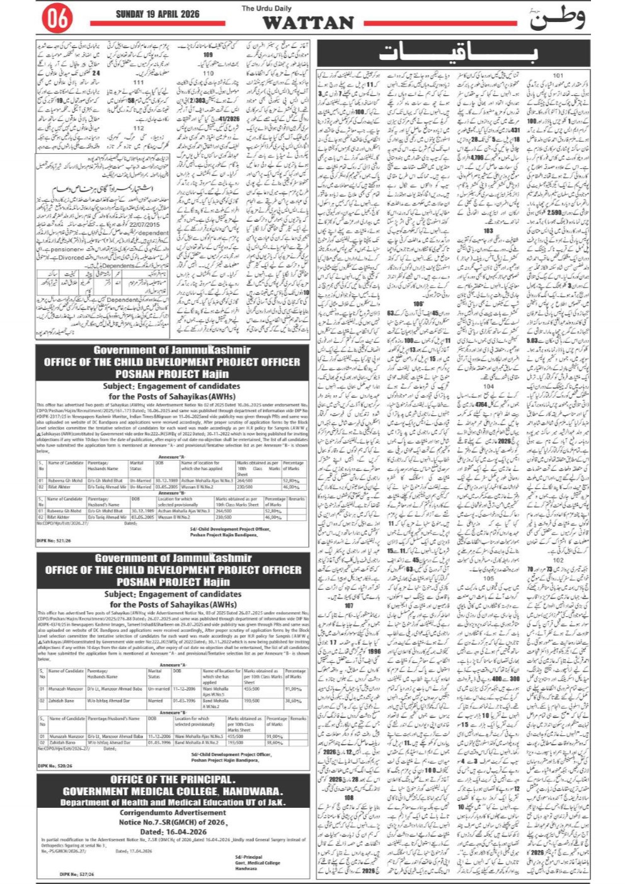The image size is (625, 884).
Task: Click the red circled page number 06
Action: pyautogui.click(x=57, y=19)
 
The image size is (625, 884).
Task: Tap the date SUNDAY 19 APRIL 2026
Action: pyautogui.click(x=158, y=14)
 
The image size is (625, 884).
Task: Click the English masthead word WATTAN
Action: pyautogui.click(x=308, y=23)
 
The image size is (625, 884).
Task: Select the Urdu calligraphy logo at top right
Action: pyautogui.click(x=558, y=18)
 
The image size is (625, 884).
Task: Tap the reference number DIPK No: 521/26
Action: pyautogui.click(x=54, y=541)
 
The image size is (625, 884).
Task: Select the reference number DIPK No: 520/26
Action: pyautogui.click(x=54, y=766)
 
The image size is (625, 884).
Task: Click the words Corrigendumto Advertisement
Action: pyautogui.click(x=173, y=813)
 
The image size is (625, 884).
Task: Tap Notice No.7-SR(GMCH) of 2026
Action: pyautogui.click(x=173, y=822)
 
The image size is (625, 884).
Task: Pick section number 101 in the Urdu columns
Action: pyautogui.click(x=558, y=76)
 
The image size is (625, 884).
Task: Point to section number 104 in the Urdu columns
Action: pyautogui.click(x=488, y=386)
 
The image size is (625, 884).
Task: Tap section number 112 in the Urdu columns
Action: pyautogui.click(x=139, y=129)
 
